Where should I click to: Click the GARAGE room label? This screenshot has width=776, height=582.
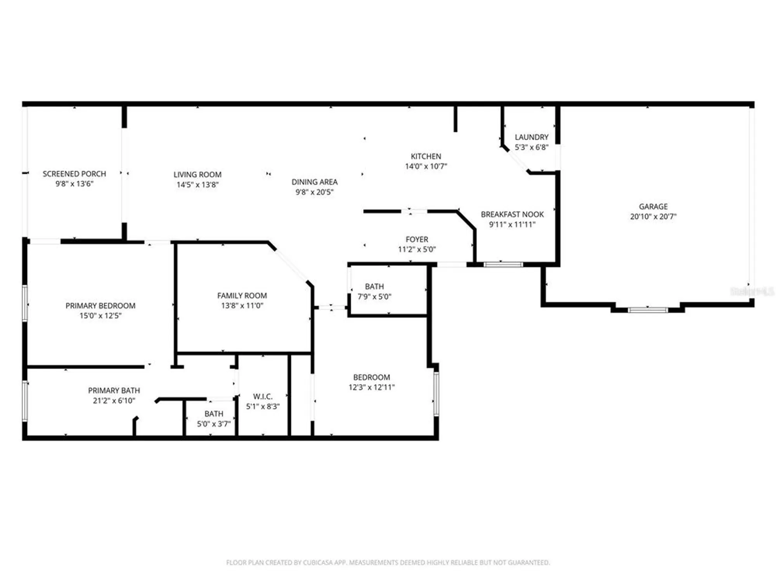pyautogui.click(x=653, y=206)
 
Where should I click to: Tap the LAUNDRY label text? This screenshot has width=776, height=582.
pyautogui.click(x=531, y=137)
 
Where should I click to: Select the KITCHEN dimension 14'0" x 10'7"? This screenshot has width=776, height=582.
pyautogui.click(x=426, y=166)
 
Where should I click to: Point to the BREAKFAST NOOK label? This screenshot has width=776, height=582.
pyautogui.click(x=512, y=214)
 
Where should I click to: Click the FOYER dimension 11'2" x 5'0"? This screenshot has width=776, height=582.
pyautogui.click(x=417, y=249)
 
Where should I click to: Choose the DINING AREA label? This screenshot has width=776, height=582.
pyautogui.click(x=314, y=182)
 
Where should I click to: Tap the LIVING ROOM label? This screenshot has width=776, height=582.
pyautogui.click(x=197, y=175)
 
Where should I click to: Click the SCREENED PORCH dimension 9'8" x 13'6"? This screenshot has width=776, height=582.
pyautogui.click(x=74, y=184)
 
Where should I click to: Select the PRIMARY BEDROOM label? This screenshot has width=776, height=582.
pyautogui.click(x=100, y=306)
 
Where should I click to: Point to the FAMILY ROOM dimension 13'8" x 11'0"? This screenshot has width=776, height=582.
pyautogui.click(x=242, y=306)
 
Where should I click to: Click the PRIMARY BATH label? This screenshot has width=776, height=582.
pyautogui.click(x=114, y=390)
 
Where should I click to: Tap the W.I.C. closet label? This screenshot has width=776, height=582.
pyautogui.click(x=263, y=397)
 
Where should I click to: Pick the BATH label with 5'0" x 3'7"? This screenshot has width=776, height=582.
pyautogui.click(x=214, y=414)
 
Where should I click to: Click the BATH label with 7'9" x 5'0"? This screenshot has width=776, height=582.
pyautogui.click(x=374, y=286)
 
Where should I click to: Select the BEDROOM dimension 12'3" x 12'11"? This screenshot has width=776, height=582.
pyautogui.click(x=371, y=387)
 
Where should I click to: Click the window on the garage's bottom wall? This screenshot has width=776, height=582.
pyautogui.click(x=648, y=310)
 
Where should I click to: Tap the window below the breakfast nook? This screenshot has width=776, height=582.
pyautogui.click(x=503, y=265)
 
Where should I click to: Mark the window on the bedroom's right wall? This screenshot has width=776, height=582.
pyautogui.click(x=436, y=393)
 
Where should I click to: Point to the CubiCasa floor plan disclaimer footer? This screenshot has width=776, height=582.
pyautogui.click(x=388, y=562)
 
